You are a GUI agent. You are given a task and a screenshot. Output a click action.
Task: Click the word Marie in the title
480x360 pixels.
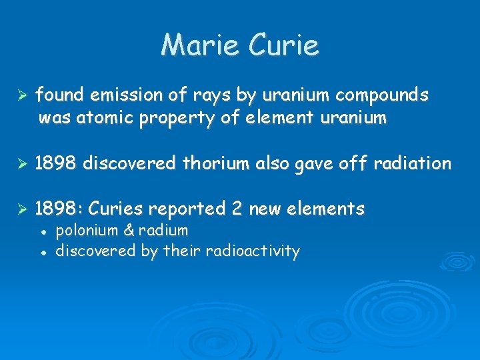point(203,45)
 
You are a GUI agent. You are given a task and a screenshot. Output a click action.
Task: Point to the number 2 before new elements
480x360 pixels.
point(237,209)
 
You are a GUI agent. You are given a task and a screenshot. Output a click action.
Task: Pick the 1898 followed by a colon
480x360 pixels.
point(58,209)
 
